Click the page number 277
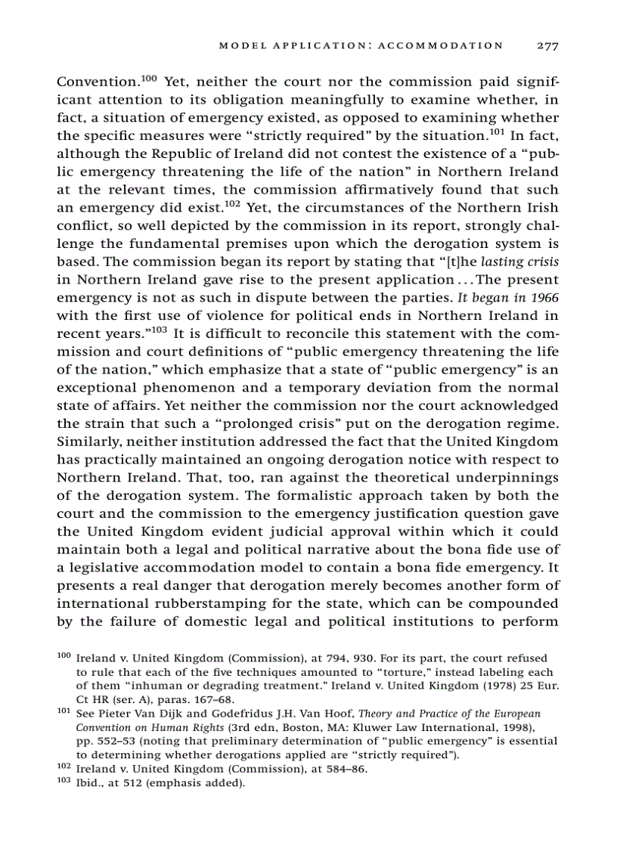(547, 45)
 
